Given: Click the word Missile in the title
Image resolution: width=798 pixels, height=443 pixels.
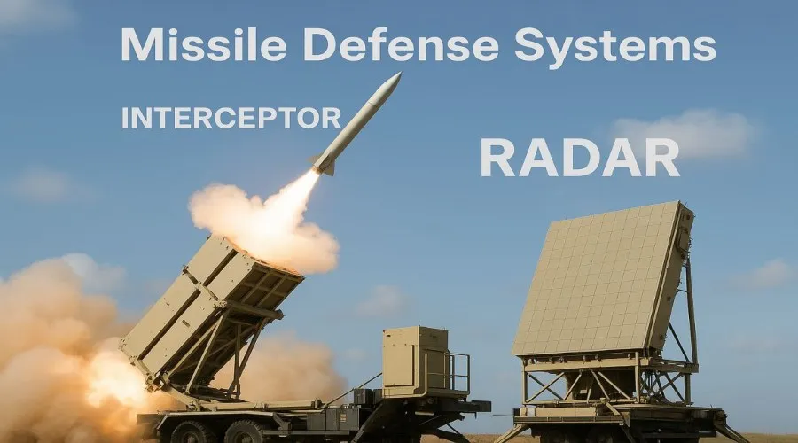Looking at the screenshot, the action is point(204,44).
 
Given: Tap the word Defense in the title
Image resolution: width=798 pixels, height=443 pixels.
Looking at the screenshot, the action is point(401,44).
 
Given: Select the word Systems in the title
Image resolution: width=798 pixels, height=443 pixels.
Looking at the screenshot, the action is point(615,47).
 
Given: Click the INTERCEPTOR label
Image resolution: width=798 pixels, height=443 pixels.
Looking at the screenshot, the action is point(231,118).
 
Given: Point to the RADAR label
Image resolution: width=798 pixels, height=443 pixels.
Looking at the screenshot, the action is point(580,159).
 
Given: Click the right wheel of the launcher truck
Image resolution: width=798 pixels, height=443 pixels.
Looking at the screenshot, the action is point(245,432).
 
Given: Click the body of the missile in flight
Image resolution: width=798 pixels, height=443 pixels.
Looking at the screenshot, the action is point(356,123).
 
